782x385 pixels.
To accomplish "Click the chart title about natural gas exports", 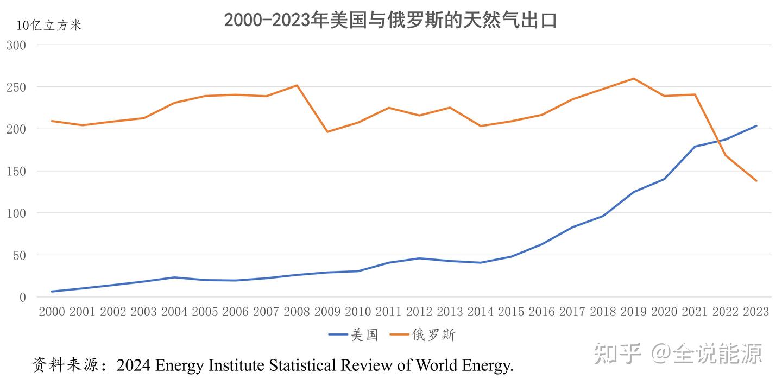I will point(390,20).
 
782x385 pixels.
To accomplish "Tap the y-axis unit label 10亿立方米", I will point(49,26).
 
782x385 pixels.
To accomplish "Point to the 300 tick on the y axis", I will point(16,45).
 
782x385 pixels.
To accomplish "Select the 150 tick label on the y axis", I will point(16,171).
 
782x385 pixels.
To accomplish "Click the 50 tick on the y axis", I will point(19,255).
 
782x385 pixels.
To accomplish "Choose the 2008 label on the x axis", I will point(297,312).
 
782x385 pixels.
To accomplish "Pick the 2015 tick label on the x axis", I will point(510,312).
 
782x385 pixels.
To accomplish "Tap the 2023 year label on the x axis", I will point(755,312).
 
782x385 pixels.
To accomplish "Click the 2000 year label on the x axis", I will point(52,312).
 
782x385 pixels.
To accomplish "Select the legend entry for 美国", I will point(354,335).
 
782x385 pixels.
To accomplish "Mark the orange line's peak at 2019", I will point(633,79).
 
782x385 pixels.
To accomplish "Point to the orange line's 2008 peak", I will point(297,85).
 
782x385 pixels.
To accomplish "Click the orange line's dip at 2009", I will point(327,131).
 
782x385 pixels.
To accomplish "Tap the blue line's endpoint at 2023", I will point(756,126).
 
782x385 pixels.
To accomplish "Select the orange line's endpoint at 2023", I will point(756,181).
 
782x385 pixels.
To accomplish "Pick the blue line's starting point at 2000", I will point(52,292).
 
